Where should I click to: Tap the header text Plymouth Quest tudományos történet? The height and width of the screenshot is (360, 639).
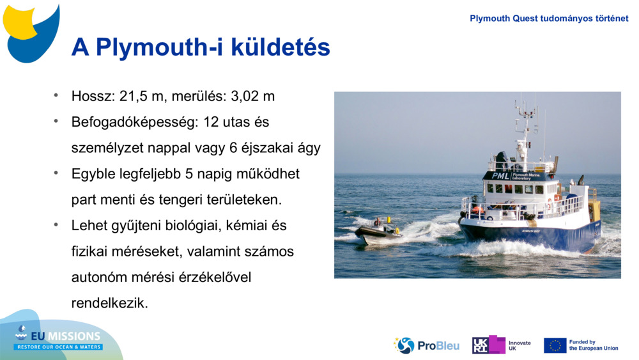coord(549,19)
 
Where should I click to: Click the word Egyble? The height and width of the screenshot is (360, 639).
coord(95,174)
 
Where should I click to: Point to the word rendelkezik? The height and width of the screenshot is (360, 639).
coord(109,303)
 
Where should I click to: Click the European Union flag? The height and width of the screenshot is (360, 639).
coord(555,345)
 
